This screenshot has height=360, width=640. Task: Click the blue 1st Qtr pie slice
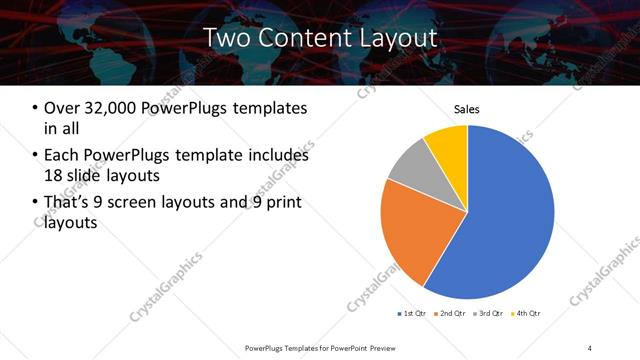tap(500, 220)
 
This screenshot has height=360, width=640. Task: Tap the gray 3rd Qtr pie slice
tap(408, 168)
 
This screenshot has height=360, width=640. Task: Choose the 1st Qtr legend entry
tap(412, 314)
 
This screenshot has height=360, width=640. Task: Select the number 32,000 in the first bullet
tap(113, 108)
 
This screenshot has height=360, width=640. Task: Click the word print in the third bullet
tap(279, 203)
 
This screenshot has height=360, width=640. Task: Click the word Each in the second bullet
tap(61, 155)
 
